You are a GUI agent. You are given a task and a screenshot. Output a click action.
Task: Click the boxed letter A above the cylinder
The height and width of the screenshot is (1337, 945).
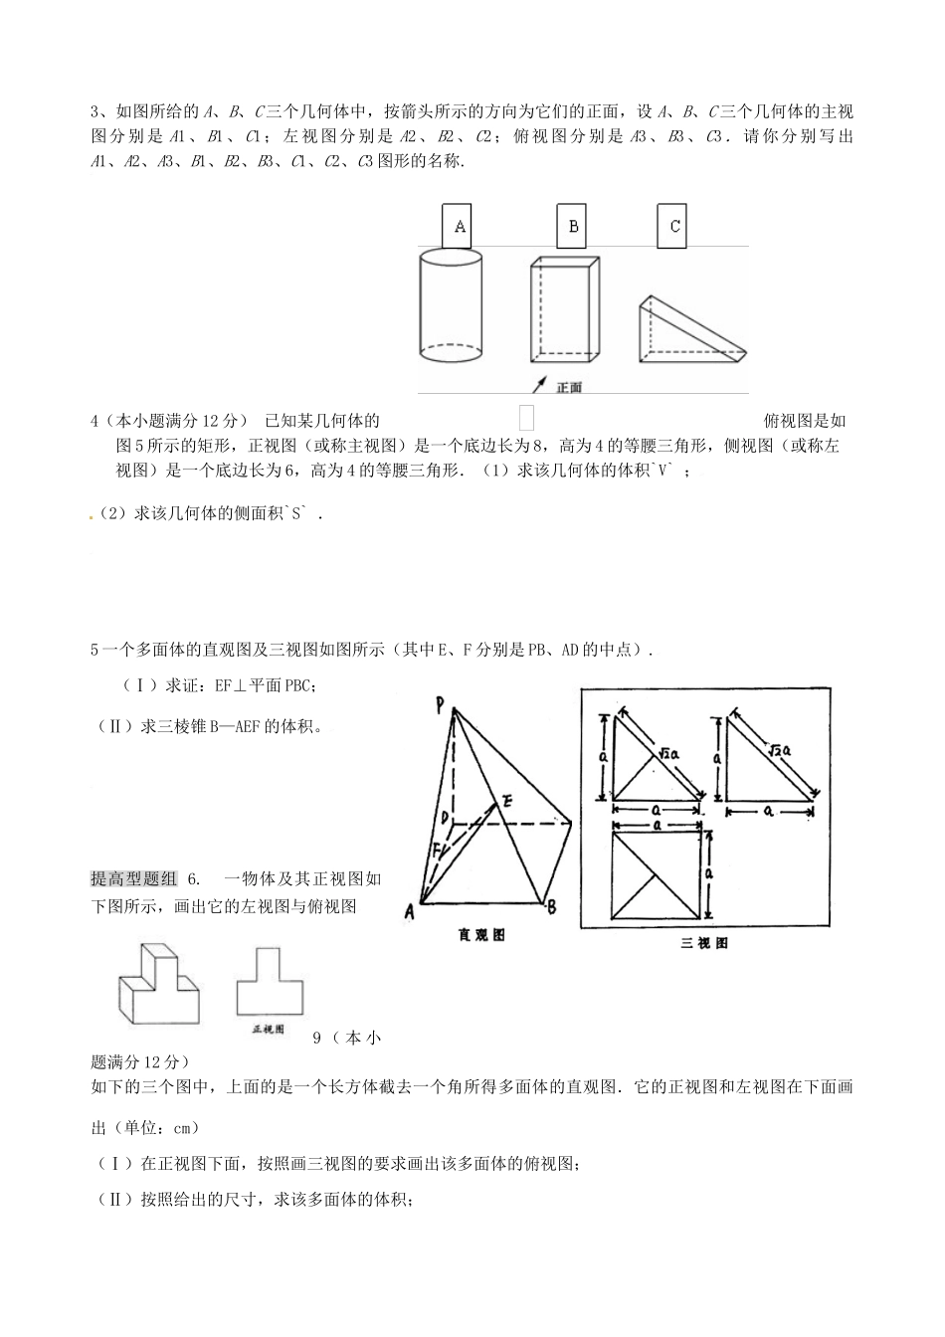[460, 227]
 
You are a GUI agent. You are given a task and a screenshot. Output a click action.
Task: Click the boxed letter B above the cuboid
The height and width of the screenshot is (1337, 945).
[573, 227]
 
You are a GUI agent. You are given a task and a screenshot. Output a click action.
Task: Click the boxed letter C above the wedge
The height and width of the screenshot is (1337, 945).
[674, 227]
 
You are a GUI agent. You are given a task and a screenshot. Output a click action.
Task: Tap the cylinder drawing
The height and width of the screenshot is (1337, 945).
[450, 307]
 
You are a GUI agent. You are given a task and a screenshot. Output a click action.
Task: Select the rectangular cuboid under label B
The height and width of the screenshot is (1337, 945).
[566, 309]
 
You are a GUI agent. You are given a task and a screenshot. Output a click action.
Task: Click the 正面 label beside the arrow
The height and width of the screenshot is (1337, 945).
[570, 387]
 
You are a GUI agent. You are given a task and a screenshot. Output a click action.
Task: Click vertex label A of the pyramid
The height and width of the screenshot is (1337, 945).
[409, 909]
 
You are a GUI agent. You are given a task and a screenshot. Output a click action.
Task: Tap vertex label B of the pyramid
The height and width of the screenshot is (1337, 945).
[551, 906]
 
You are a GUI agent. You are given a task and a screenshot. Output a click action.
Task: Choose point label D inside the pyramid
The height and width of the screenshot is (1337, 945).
[447, 819]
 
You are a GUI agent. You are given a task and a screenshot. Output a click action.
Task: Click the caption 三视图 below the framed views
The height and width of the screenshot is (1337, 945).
[703, 942]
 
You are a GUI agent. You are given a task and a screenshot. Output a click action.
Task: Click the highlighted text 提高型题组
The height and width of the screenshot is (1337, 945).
[133, 878]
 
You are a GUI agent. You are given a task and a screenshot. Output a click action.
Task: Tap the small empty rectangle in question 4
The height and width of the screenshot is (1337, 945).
[526, 418]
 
